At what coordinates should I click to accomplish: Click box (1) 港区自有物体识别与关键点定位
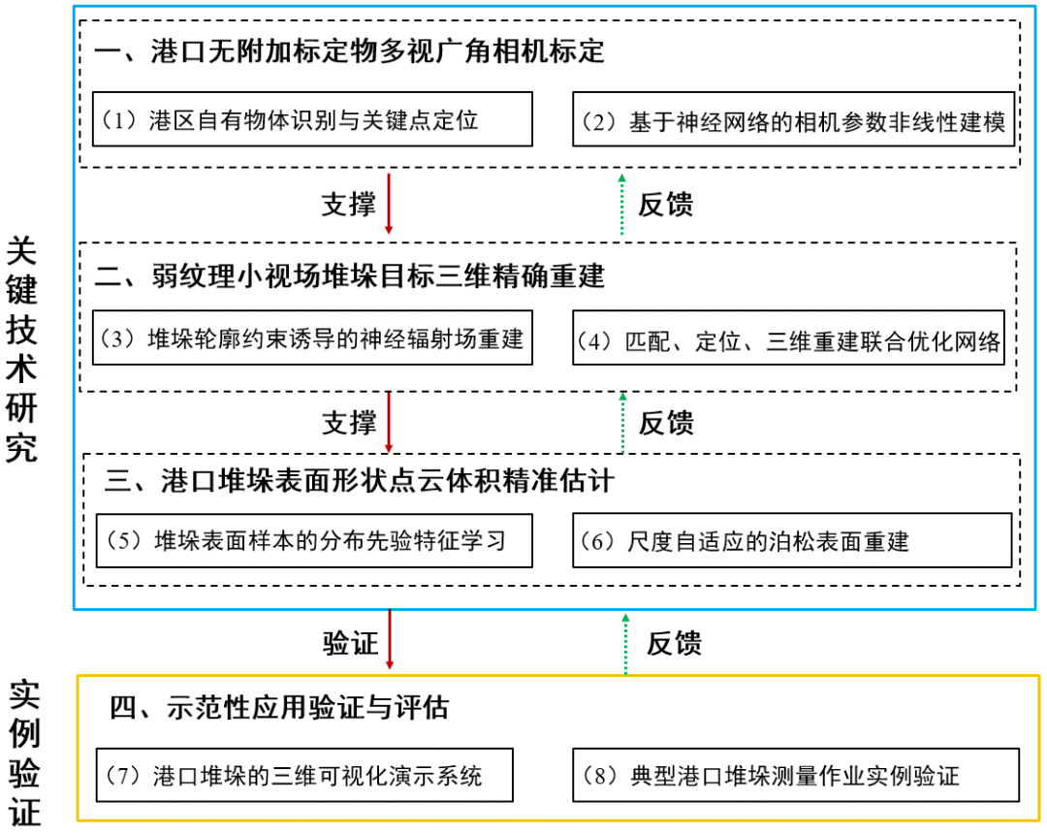[x=314, y=119]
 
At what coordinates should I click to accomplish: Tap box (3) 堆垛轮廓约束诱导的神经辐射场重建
[x=314, y=338]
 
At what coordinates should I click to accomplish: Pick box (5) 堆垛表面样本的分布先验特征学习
[x=314, y=540]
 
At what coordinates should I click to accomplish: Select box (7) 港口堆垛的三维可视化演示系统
[x=304, y=775]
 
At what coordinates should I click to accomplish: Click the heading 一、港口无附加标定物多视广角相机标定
[x=349, y=50]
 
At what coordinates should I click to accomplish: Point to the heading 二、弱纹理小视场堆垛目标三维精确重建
[x=349, y=276]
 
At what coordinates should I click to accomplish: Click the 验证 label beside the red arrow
[x=350, y=642]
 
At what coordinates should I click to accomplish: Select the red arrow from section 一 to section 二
[x=389, y=204]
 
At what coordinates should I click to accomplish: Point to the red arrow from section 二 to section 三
[x=389, y=422]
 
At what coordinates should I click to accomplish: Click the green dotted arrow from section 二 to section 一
[x=623, y=204]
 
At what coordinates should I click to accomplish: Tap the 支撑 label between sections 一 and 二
[x=348, y=205]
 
